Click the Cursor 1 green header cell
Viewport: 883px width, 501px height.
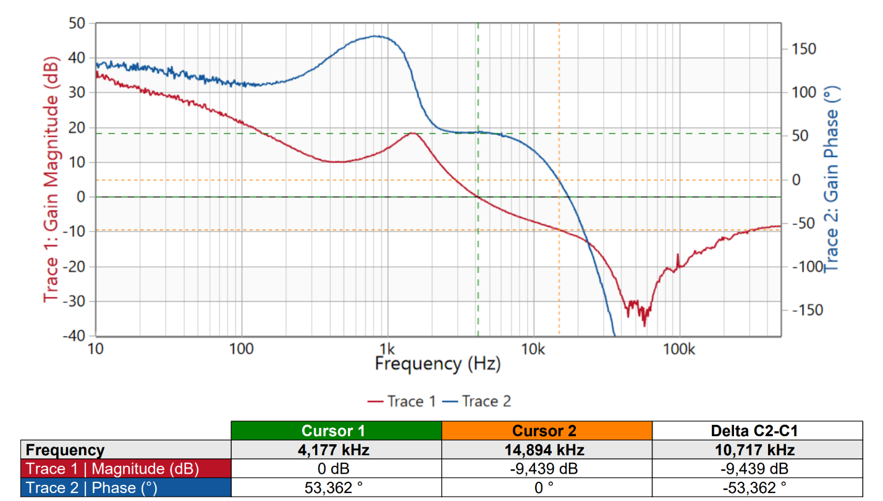pos(336,430)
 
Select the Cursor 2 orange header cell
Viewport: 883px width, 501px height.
pos(547,430)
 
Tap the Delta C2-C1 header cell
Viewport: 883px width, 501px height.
pos(757,430)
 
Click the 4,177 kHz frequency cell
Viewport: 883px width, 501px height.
pos(336,450)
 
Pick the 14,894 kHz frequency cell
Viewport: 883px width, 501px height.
pos(547,450)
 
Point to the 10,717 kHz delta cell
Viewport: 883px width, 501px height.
pos(757,450)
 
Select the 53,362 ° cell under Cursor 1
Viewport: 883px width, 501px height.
pos(336,488)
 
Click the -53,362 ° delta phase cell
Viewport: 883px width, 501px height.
pos(757,488)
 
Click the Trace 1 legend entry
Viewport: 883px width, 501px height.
pos(402,401)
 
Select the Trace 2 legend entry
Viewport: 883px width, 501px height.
pos(477,401)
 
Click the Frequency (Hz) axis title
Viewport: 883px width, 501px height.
pos(437,363)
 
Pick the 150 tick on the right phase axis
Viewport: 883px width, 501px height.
pos(803,49)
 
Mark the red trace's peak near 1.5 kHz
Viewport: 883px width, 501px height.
pos(412,133)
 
